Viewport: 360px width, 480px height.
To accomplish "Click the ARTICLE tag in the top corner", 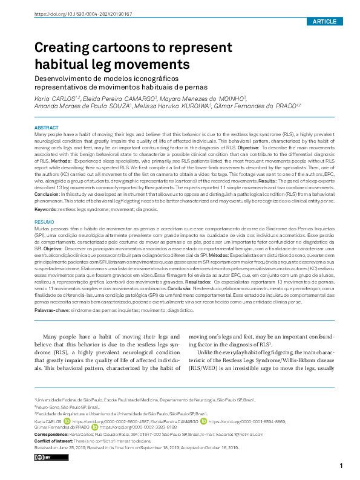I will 324,21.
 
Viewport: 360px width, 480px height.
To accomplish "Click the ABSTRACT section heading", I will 47,128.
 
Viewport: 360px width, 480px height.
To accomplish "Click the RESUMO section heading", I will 45,222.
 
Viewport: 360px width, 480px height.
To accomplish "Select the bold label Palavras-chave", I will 51,309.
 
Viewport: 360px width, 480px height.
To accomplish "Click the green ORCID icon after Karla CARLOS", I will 67,421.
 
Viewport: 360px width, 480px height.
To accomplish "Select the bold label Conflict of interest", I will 53,441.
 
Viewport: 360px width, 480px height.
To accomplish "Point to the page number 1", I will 342,465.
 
